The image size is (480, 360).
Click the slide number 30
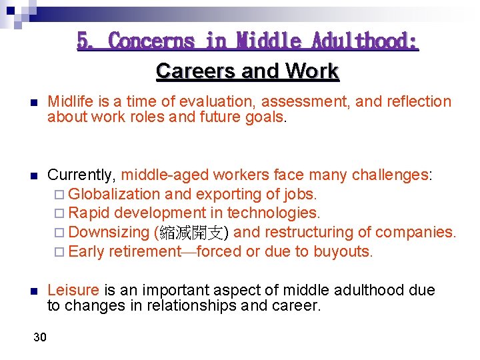[x=40, y=337]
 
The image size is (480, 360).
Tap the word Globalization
[x=114, y=195]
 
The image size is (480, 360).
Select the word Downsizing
[x=109, y=233]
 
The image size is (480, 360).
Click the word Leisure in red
[x=73, y=291]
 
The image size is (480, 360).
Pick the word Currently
[x=82, y=175]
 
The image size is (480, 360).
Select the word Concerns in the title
[x=151, y=41]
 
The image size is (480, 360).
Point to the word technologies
[x=273, y=213]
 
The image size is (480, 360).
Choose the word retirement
[x=145, y=252]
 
